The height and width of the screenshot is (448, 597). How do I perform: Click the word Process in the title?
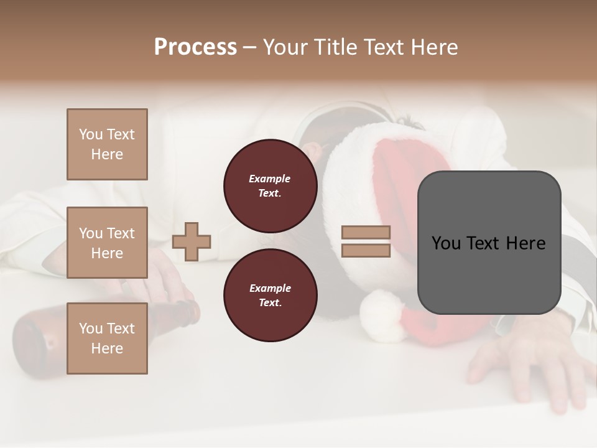[195, 47]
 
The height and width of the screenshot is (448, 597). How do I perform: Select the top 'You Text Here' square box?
[107, 144]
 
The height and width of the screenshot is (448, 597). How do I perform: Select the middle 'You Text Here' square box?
[107, 243]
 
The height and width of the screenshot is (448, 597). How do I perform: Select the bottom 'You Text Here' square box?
[107, 338]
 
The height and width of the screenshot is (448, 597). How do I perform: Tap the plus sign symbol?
[192, 241]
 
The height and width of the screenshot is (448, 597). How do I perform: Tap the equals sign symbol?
[366, 241]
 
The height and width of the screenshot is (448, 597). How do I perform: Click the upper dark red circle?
[270, 185]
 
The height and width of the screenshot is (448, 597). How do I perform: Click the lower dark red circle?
[270, 295]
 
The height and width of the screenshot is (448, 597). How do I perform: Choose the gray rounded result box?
[489, 243]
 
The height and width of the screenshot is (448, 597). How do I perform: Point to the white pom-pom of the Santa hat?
[382, 316]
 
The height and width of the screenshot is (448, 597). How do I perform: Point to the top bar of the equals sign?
[366, 233]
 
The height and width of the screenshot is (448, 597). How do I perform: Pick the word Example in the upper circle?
[270, 179]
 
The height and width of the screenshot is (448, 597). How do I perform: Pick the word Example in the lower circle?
[270, 288]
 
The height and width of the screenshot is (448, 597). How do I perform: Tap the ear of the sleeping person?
[314, 151]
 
